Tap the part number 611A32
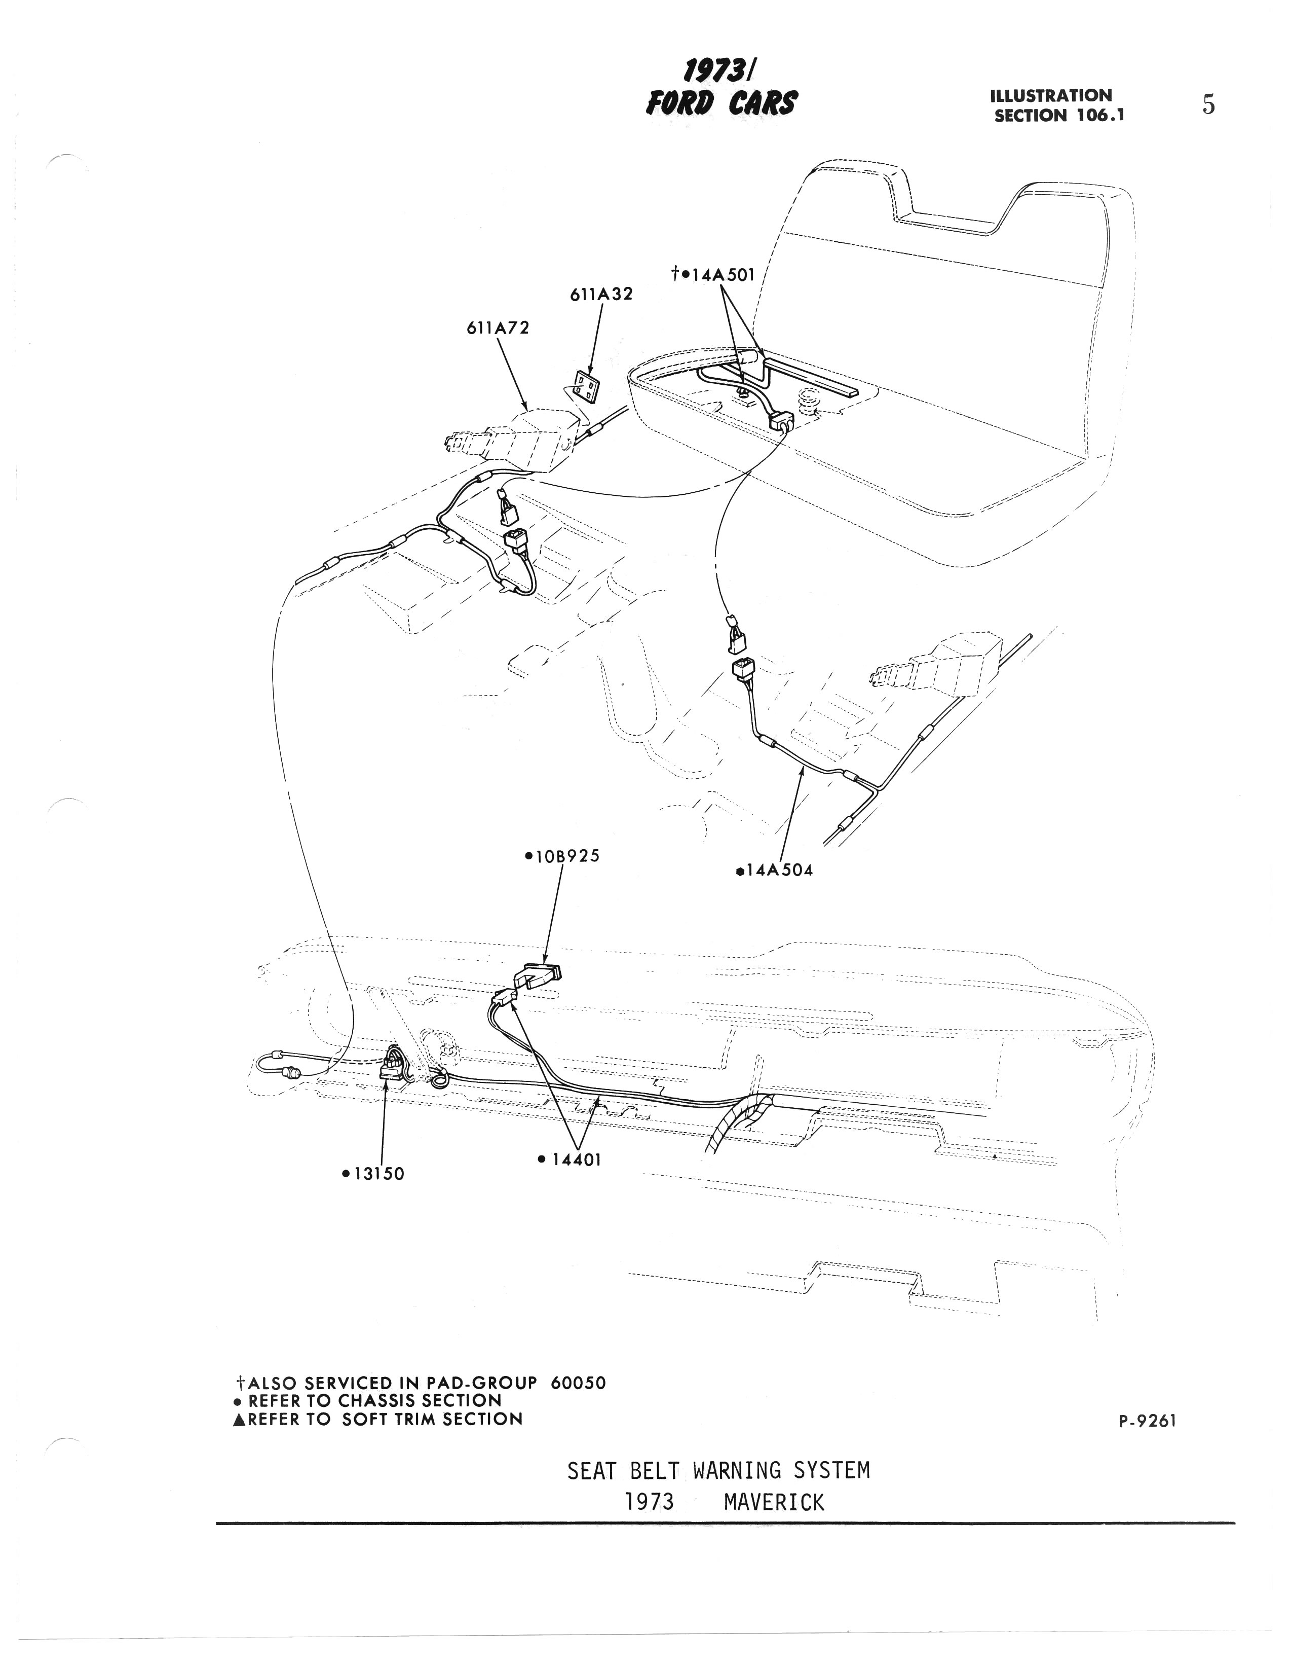tap(601, 294)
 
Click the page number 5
tap(1208, 105)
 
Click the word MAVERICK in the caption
tap(774, 1502)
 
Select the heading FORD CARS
tap(721, 102)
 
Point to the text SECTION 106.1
tap(1059, 116)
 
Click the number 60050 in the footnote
tap(578, 1383)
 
